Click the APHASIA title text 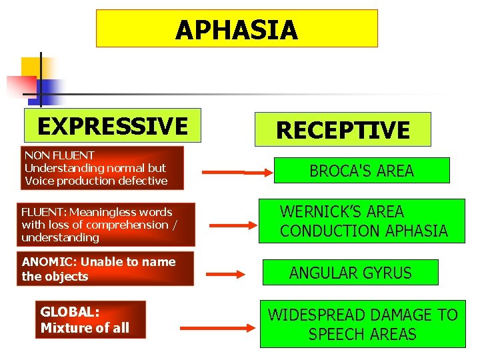[237, 30]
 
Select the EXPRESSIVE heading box [112, 125]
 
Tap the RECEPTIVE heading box [343, 129]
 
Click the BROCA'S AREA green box [361, 171]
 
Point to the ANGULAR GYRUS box [350, 273]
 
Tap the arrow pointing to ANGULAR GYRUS [226, 273]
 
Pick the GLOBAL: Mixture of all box [90, 320]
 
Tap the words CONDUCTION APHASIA [363, 231]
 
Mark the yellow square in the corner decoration [31, 67]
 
